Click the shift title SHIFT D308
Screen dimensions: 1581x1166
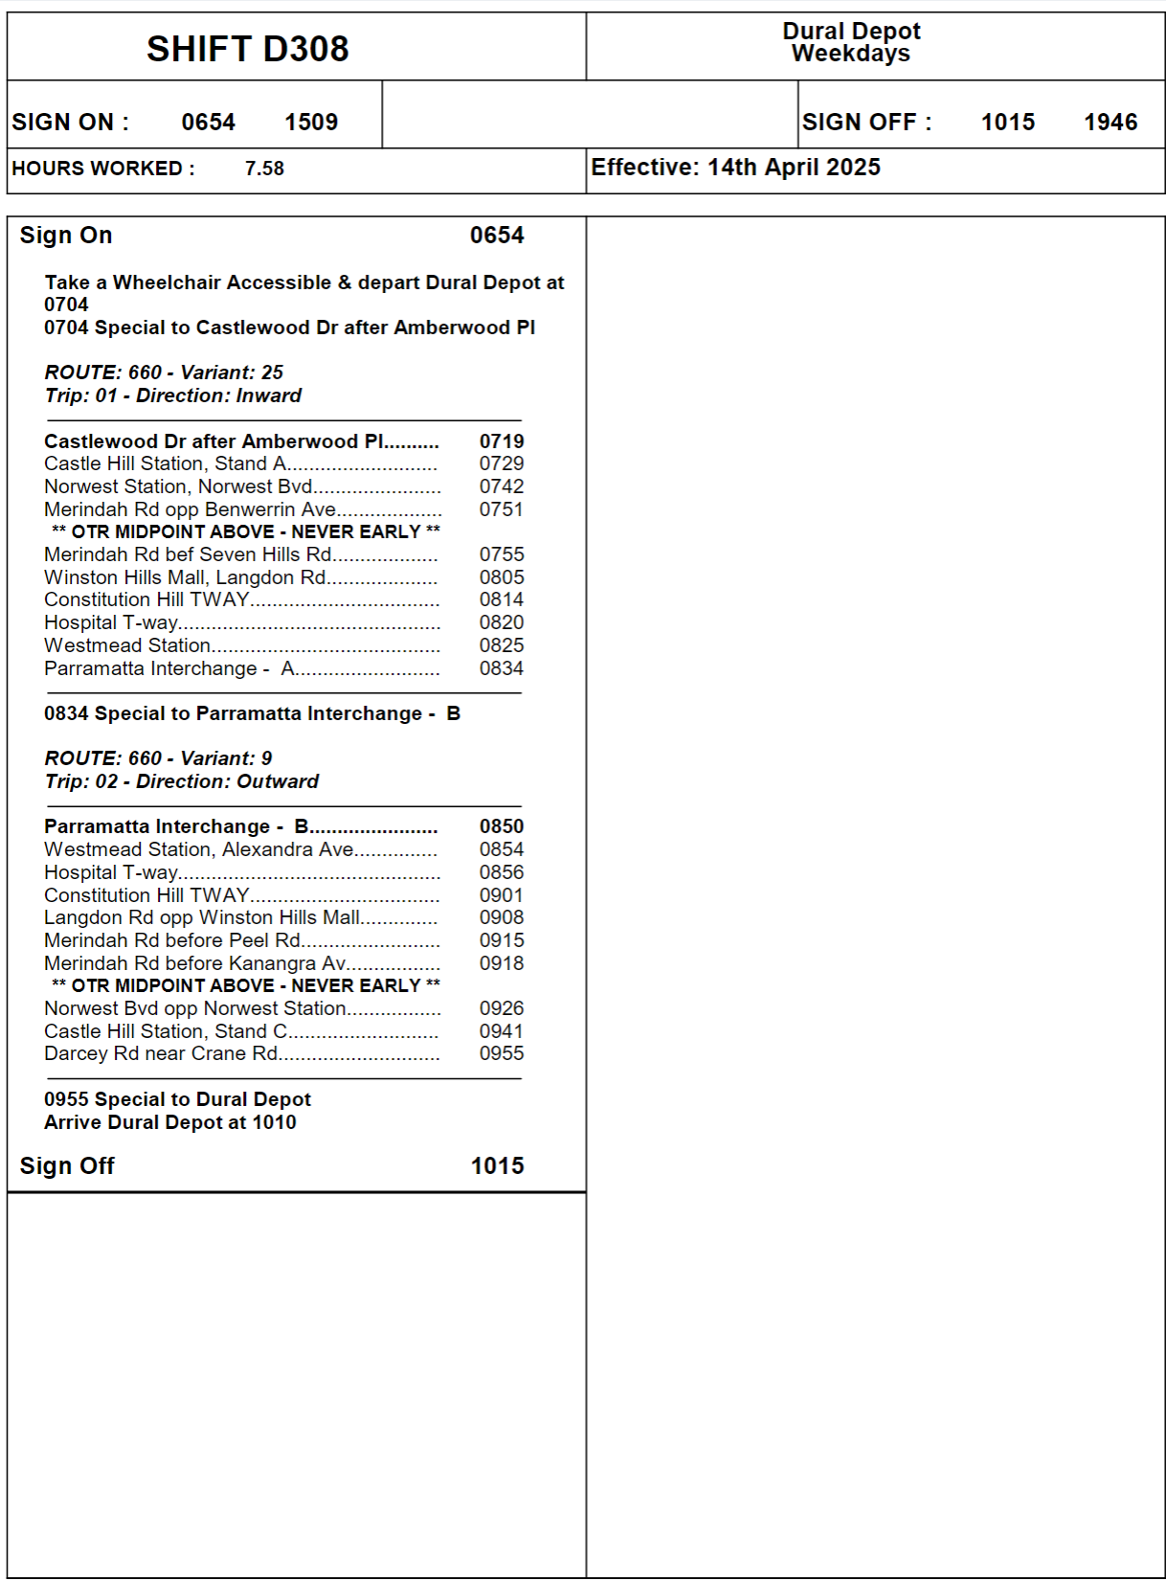[247, 49]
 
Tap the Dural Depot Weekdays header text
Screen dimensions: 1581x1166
[851, 43]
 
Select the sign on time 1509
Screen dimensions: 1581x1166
[311, 123]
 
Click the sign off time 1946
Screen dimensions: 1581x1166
[1110, 123]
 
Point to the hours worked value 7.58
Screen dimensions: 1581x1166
[264, 169]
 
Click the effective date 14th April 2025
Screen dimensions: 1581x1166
[794, 168]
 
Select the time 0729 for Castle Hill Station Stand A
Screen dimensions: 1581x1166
[502, 463]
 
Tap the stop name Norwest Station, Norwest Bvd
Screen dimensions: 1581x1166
[178, 486]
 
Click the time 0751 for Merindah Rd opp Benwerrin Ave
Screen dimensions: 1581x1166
[502, 509]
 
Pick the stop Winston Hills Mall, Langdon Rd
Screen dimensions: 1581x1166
[185, 577]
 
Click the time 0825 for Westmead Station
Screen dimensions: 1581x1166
[502, 645]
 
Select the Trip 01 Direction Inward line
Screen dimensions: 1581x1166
[172, 395]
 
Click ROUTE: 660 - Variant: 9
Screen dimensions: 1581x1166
[158, 758]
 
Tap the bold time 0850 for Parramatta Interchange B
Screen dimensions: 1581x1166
[502, 826]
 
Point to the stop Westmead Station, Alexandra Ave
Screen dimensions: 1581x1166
[199, 849]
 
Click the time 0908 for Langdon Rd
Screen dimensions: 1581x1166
[502, 917]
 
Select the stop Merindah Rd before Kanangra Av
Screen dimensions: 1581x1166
[195, 963]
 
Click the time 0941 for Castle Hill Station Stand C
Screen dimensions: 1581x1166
[502, 1031]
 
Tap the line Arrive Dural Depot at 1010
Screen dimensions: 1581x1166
[170, 1122]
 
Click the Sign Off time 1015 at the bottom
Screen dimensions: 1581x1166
[497, 1166]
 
